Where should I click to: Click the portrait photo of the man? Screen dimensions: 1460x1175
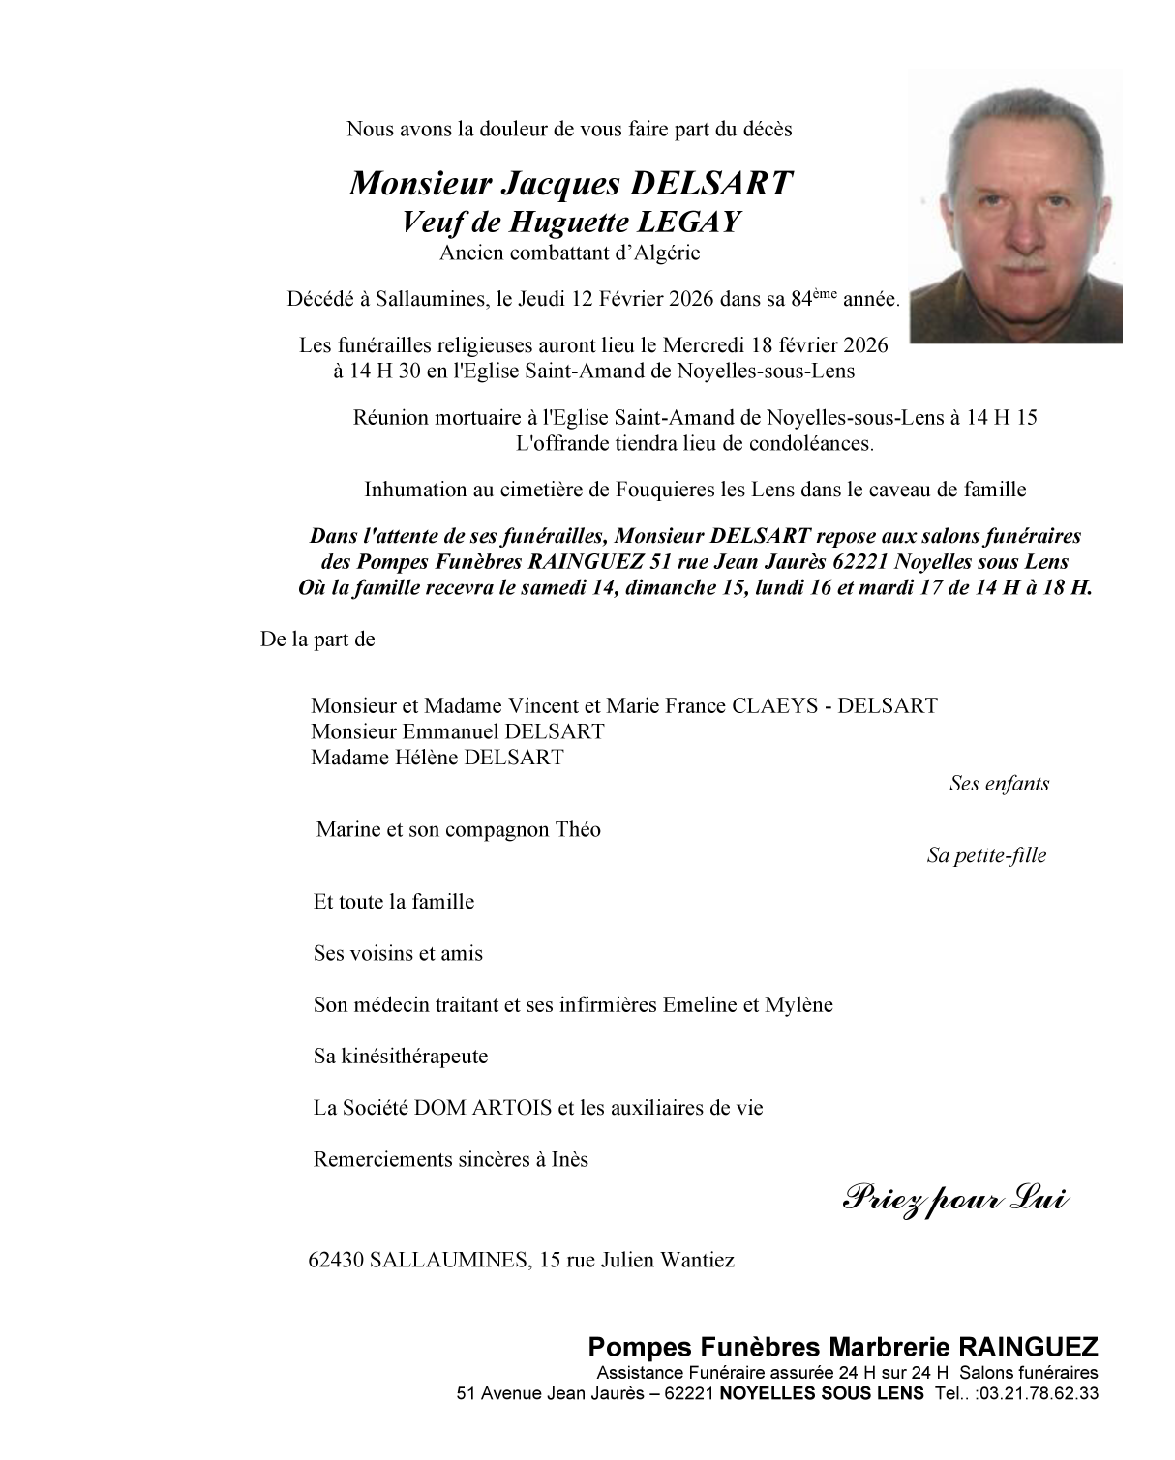(1016, 208)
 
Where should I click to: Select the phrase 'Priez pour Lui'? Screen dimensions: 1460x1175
(956, 1200)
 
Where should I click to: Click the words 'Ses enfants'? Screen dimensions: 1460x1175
(999, 784)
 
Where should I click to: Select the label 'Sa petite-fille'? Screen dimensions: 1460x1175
(986, 855)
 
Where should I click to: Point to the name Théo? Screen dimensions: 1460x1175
(578, 830)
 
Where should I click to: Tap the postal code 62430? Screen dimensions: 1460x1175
(336, 1260)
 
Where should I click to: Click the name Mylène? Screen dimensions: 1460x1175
(798, 1004)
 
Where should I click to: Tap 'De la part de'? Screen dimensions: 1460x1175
(317, 640)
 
